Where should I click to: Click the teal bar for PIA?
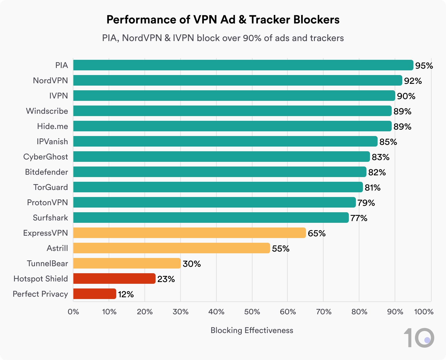pyautogui.click(x=243, y=65)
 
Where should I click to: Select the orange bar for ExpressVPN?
pyautogui.click(x=189, y=233)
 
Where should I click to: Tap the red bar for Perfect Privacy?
pyautogui.click(x=94, y=294)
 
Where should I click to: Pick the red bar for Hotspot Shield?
pyautogui.click(x=114, y=279)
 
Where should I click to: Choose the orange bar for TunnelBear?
pyautogui.click(x=127, y=263)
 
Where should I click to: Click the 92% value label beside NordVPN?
pyautogui.click(x=413, y=81)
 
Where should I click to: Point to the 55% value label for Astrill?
pyautogui.click(x=281, y=249)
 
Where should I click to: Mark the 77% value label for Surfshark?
pyautogui.click(x=359, y=218)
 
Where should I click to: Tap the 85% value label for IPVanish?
pyautogui.click(x=388, y=142)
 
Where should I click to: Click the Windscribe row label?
pyautogui.click(x=47, y=111)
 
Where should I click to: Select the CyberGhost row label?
pyautogui.click(x=45, y=157)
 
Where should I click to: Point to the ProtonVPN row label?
pyautogui.click(x=47, y=203)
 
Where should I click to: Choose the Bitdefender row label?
pyautogui.click(x=46, y=172)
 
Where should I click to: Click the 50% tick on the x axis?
pyautogui.click(x=252, y=312)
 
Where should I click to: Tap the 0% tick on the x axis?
pyautogui.click(x=73, y=312)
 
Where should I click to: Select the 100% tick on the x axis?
pyautogui.click(x=424, y=312)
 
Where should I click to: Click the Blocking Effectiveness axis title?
pyautogui.click(x=252, y=330)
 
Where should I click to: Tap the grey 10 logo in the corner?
pyautogui.click(x=419, y=338)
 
